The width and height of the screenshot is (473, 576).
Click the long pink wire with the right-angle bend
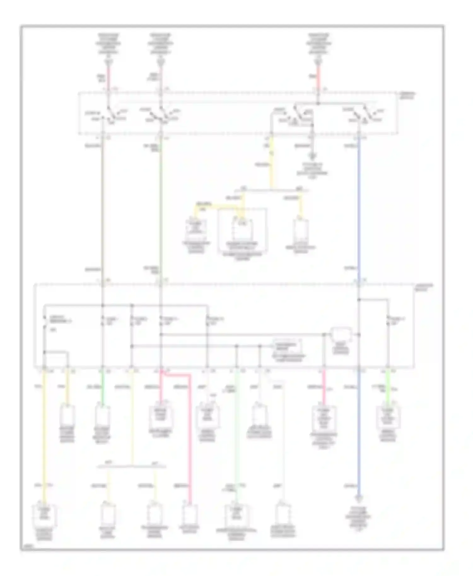pyautogui.click(x=190, y=441)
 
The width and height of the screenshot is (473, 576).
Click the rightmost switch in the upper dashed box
pyautogui.click(x=363, y=115)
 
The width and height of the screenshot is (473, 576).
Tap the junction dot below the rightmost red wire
pyautogui.click(x=318, y=103)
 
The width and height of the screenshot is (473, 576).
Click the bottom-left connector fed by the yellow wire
pyautogui.click(x=44, y=515)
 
